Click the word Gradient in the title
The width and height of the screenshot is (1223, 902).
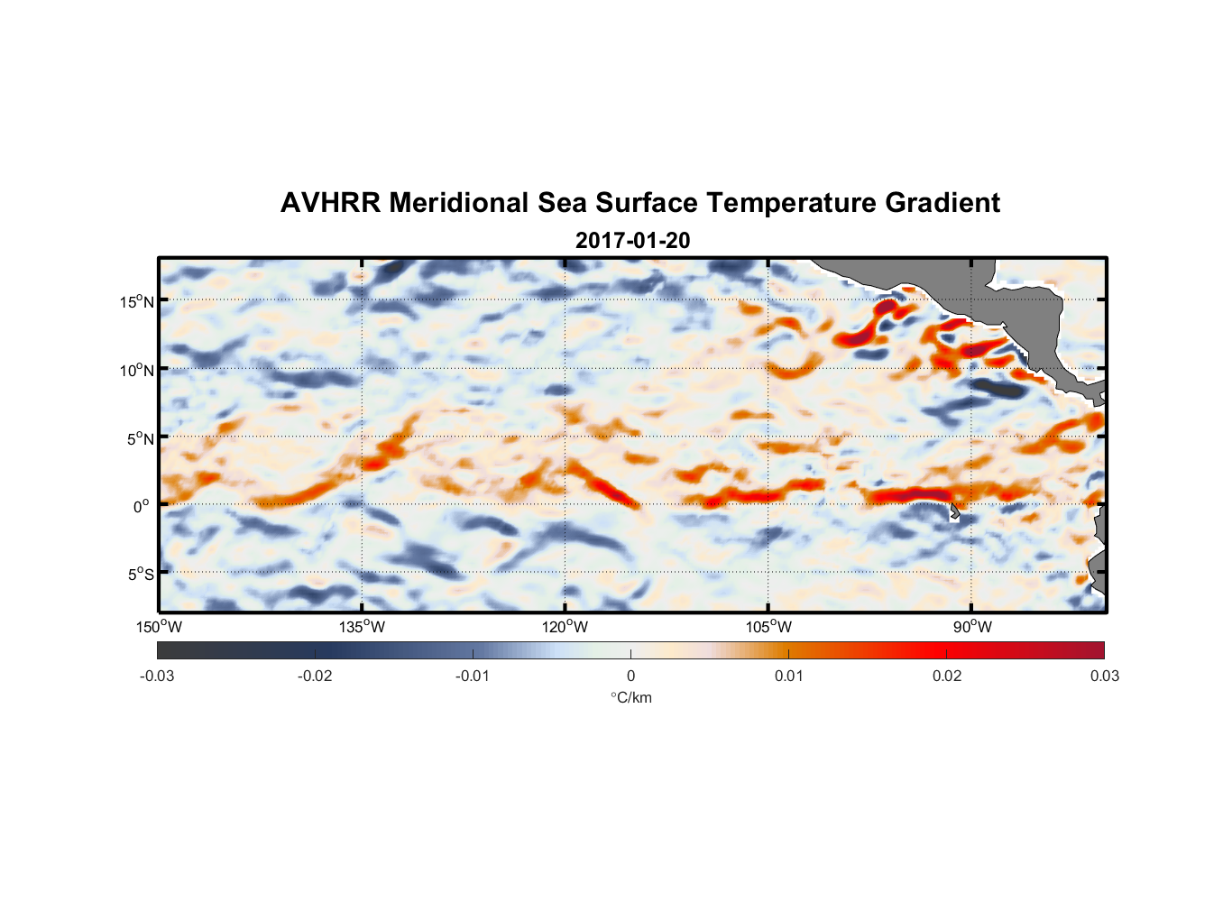[942, 203]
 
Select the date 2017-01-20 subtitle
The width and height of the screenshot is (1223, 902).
[632, 241]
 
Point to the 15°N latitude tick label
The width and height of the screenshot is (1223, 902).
[137, 301]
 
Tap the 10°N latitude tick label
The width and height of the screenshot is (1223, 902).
[137, 370]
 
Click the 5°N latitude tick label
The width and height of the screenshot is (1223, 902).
[140, 438]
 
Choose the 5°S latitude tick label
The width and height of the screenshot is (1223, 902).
[140, 575]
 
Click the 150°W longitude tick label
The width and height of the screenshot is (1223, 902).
[159, 627]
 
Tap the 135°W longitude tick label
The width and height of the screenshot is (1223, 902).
[362, 627]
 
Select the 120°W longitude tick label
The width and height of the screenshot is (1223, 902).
[565, 627]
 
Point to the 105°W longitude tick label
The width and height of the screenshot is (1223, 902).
[768, 627]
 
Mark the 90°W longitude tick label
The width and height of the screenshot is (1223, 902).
[971, 627]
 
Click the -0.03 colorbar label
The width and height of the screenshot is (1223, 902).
[157, 676]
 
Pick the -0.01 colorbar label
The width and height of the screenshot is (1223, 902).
[473, 676]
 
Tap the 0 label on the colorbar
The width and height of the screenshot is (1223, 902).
[630, 676]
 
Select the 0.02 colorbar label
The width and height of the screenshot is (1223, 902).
[946, 676]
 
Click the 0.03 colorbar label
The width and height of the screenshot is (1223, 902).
[1104, 676]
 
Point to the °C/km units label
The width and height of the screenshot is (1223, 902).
[631, 697]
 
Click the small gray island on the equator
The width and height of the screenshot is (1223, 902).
[954, 511]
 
